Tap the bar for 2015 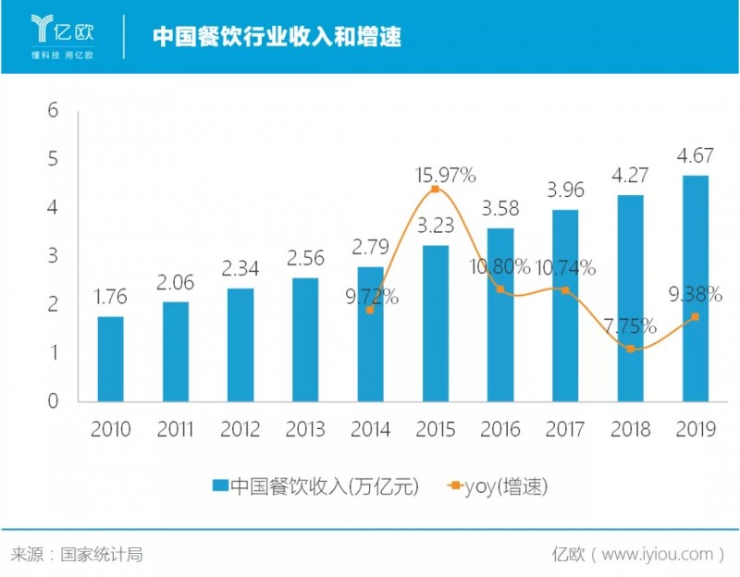click(x=436, y=323)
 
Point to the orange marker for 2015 click(x=436, y=189)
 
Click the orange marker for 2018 click(x=631, y=349)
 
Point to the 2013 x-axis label click(x=306, y=430)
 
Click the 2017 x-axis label click(x=566, y=430)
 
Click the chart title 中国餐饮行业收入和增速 click(x=276, y=37)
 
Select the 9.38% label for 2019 click(x=693, y=295)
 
